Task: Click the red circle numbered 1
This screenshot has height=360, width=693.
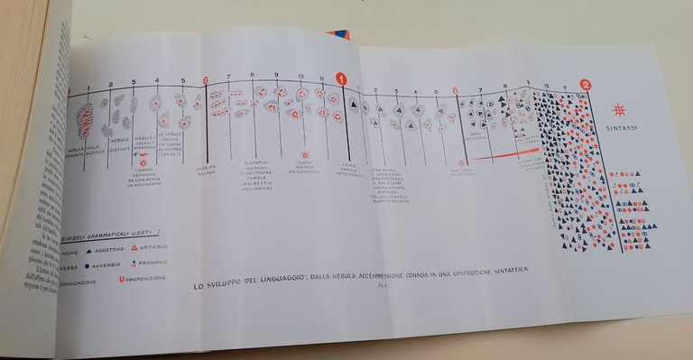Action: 342,79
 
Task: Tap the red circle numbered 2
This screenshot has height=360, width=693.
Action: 586,87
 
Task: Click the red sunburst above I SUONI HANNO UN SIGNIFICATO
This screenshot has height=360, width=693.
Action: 305,154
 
